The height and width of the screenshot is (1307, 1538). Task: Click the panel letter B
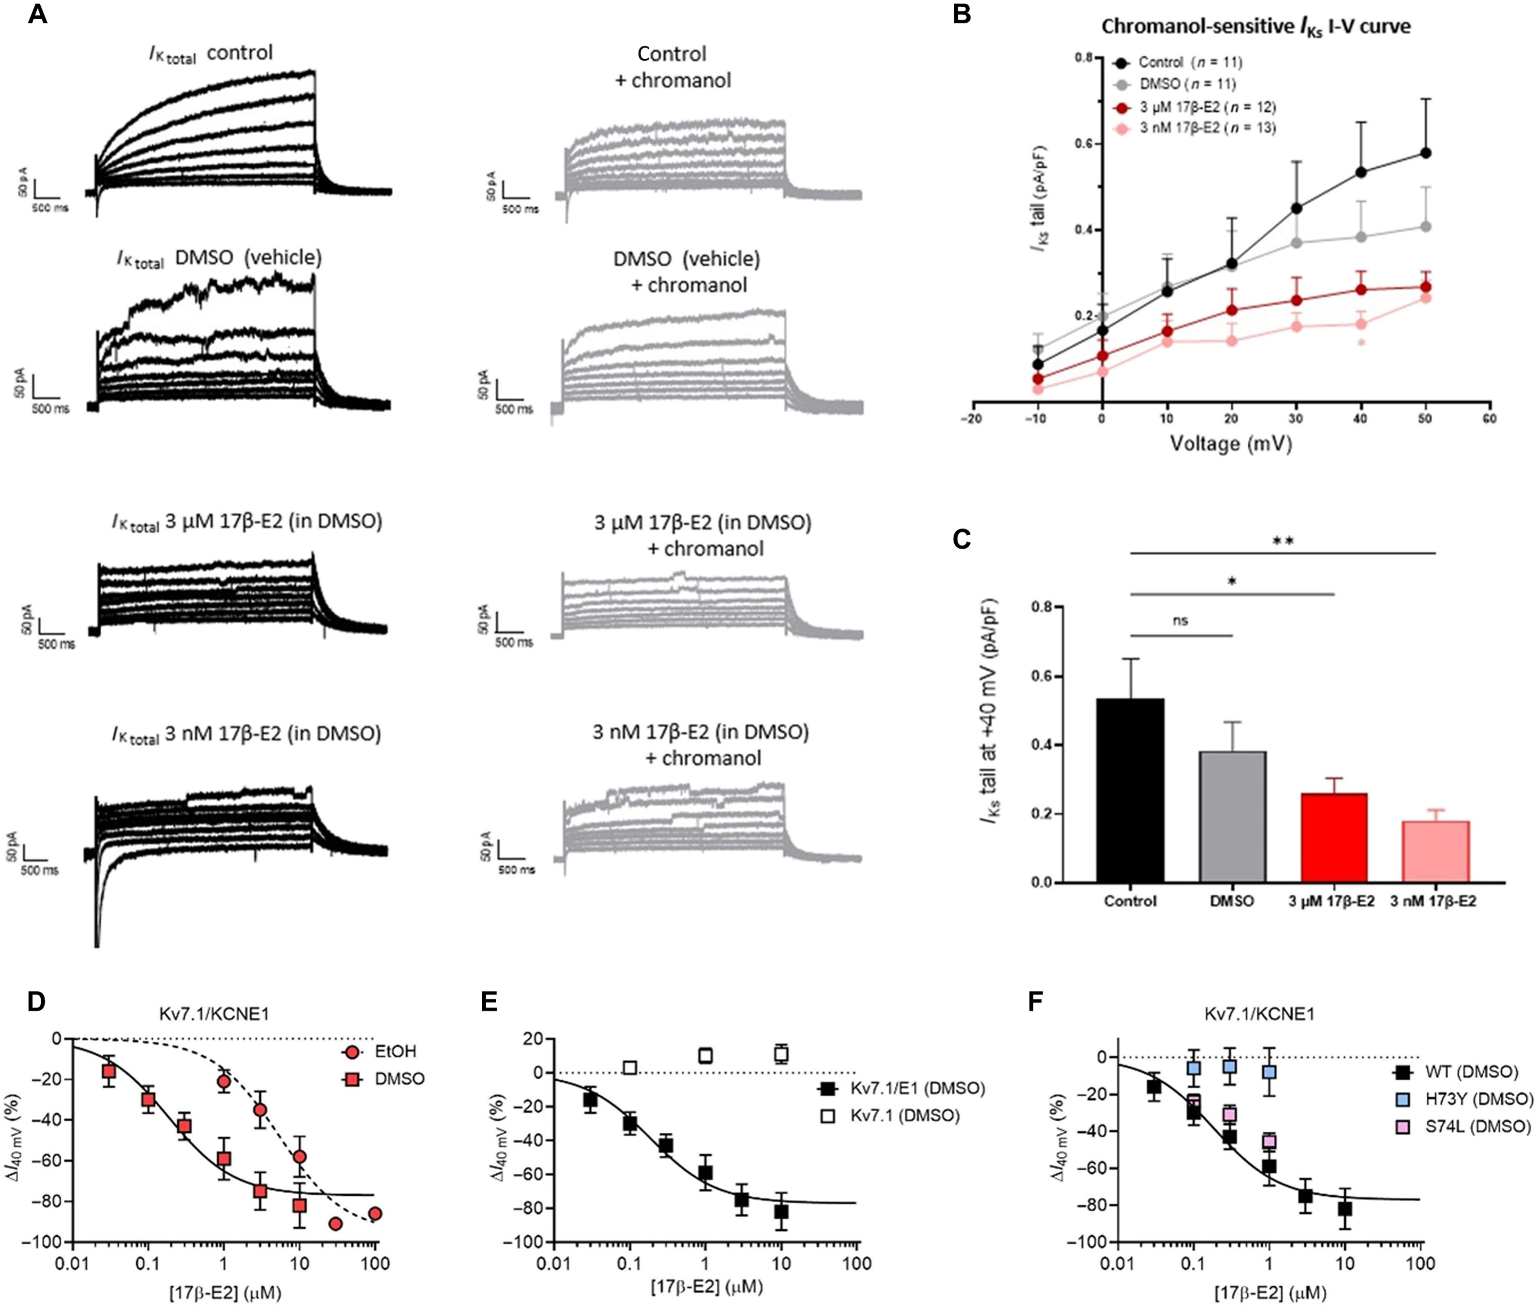click(x=962, y=15)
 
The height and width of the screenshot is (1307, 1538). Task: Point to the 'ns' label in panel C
click(x=1181, y=621)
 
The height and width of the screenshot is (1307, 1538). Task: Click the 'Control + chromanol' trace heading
click(x=672, y=67)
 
